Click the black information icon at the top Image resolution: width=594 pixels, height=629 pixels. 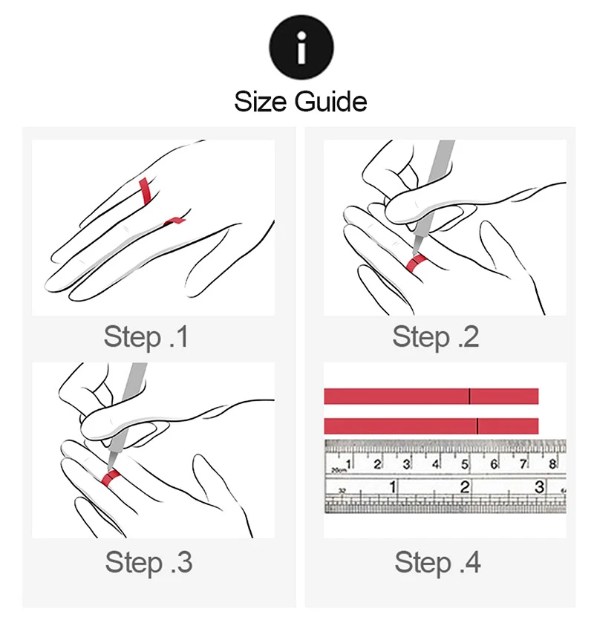pos(301,47)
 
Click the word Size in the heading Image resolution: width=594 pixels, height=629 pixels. pos(261,102)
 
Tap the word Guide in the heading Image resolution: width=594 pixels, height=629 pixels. pos(331,102)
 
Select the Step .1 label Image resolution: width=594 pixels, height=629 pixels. pos(146,337)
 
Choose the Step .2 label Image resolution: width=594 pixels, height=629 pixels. pos(436,337)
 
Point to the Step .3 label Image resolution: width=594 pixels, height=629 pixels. pos(148,562)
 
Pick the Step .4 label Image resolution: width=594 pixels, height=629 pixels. pos(437,562)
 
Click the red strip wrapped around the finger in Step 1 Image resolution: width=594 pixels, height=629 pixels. pos(144,191)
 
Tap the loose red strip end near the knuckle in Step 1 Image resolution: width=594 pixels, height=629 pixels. pos(174,221)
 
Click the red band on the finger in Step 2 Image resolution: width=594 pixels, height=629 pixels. pos(416,263)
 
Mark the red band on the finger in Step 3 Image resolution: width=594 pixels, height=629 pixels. pos(111,478)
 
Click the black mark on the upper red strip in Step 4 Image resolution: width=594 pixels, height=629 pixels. pos(469,397)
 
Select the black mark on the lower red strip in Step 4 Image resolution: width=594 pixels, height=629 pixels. pos(477,426)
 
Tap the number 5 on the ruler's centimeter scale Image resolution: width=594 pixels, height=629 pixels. pos(465,464)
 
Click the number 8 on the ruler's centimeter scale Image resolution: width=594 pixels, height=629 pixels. pos(552,464)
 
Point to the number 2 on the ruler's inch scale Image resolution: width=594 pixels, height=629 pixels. pos(465,486)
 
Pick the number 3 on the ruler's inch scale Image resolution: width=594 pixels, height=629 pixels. pos(540,486)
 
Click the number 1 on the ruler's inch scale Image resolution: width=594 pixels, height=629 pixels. pos(393,486)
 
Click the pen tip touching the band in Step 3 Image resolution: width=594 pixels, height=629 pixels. pos(108,466)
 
